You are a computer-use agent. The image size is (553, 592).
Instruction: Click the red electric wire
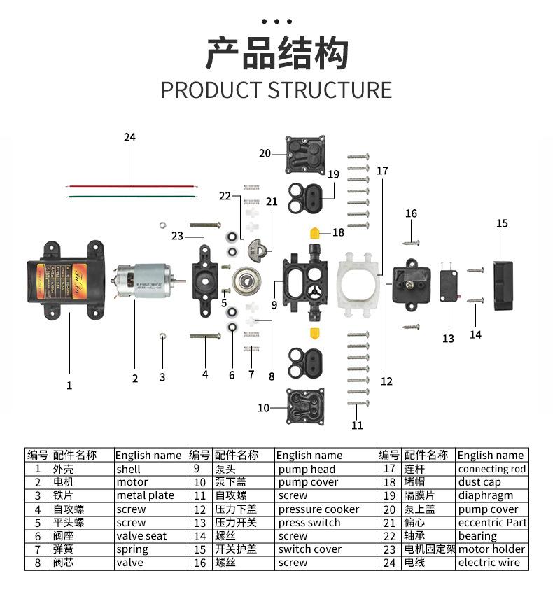pos(130,186)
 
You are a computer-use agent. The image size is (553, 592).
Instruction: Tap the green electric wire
pos(130,197)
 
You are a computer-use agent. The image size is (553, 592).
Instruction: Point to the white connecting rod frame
pos(362,282)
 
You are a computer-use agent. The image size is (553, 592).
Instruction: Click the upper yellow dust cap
pos(316,232)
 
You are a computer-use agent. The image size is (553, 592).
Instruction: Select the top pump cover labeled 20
pos(306,155)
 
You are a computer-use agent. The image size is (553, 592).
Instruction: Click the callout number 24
pos(129,137)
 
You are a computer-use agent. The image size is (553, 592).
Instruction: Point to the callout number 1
pos(69,385)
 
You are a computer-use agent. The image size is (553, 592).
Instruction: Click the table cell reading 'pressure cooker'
pos(318,509)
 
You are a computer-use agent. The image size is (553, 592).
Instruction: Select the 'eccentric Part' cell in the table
pos(492,523)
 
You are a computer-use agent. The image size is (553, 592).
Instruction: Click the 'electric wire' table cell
pos(489,563)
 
